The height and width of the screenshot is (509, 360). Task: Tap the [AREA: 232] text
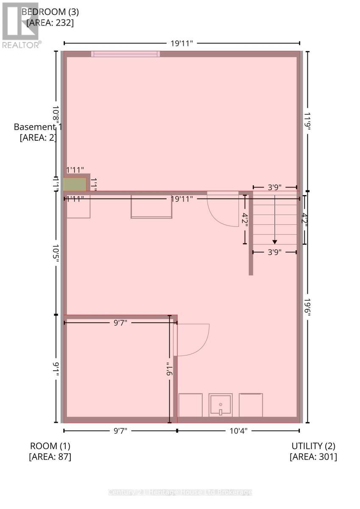[50, 23]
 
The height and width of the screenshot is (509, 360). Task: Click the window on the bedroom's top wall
[126, 54]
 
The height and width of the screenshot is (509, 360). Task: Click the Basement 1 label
[38, 127]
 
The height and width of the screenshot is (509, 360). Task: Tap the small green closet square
[75, 185]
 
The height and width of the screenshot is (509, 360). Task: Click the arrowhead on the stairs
[275, 242]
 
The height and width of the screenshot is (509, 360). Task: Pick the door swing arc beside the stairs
[223, 210]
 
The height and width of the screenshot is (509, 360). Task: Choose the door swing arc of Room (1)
[193, 339]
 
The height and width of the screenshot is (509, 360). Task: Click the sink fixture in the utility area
[220, 406]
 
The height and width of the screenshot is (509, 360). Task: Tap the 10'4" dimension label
[238, 431]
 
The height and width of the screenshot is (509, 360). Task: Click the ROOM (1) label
[50, 446]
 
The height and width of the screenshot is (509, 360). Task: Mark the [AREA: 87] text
[50, 457]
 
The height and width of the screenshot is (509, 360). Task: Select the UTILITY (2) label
[313, 446]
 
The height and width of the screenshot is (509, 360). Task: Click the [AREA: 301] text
[313, 457]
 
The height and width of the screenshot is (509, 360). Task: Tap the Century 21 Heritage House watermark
[180, 492]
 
